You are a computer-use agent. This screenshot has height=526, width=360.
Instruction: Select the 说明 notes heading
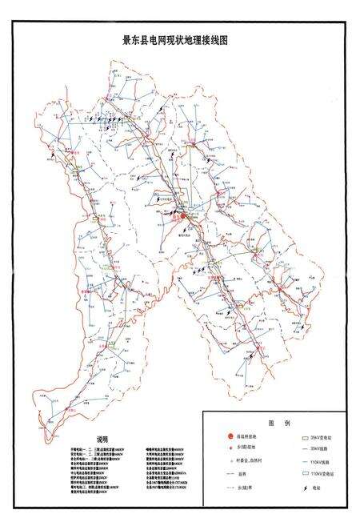click(102, 440)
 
